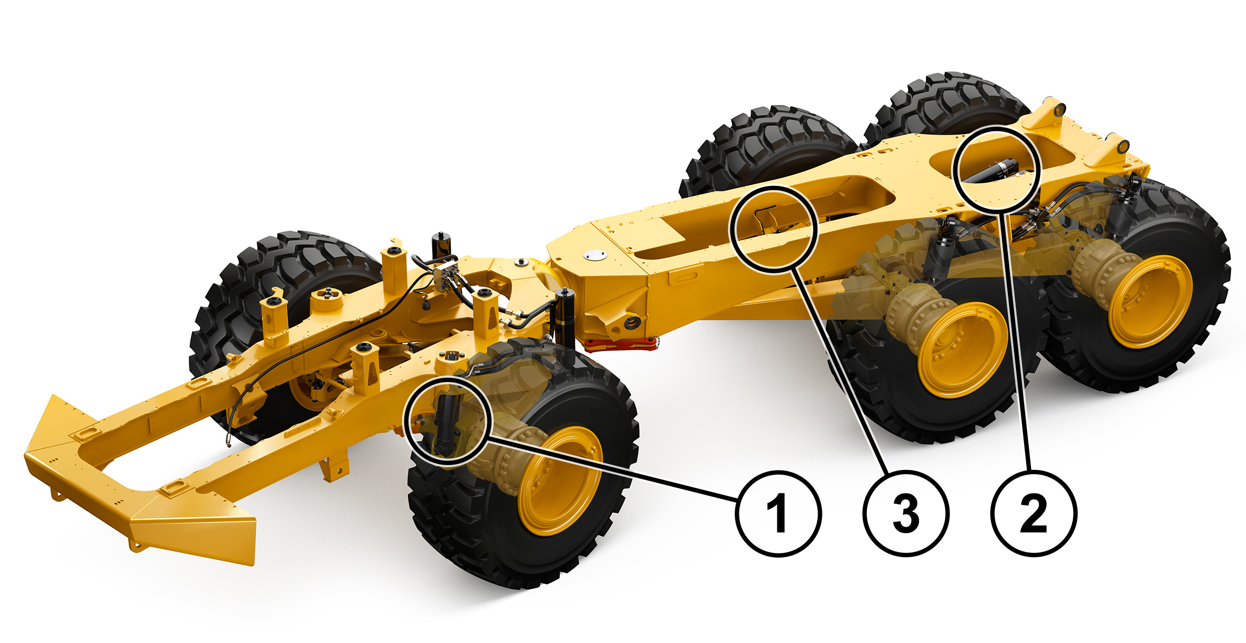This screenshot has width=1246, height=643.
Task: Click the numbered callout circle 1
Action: coord(778,513)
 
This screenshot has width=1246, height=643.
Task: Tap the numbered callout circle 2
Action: coord(1033,513)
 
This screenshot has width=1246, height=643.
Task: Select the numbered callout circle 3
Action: coord(906,513)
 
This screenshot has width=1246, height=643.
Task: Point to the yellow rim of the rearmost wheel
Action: coord(1149,302)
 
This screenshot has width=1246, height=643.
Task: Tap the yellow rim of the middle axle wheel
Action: coord(962,349)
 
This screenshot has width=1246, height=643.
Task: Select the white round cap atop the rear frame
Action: coord(596,256)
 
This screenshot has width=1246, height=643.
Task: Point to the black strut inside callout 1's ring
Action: coord(446,423)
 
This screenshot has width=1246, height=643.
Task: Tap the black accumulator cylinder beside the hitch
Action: coord(563,319)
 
